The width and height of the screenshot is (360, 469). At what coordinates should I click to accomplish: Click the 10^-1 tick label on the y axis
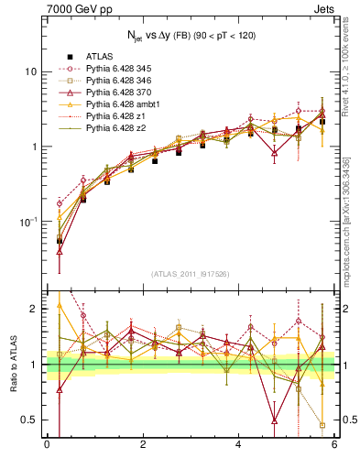point(27,221)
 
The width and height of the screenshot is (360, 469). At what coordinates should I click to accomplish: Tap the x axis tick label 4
point(239,445)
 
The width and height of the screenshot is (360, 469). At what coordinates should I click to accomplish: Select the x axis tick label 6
point(334,445)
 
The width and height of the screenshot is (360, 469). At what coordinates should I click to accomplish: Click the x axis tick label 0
point(47,445)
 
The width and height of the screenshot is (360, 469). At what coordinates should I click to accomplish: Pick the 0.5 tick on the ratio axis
point(28,420)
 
